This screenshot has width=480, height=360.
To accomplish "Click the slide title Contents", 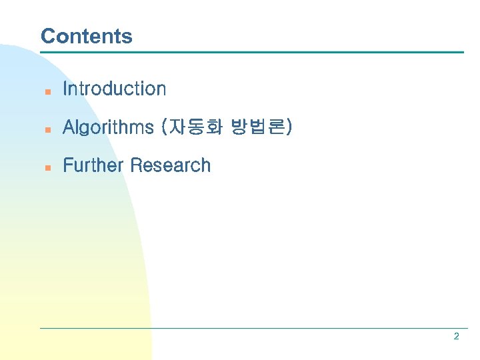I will click(x=86, y=36).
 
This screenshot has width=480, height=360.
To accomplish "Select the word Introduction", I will click(x=114, y=89).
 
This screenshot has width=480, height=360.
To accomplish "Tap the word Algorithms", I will click(x=108, y=127).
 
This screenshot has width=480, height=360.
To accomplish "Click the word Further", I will click(x=94, y=165).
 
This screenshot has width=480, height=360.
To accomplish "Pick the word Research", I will click(x=171, y=165).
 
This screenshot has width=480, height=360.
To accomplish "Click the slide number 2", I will click(x=456, y=337).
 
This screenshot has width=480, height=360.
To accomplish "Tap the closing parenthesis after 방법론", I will click(x=288, y=127).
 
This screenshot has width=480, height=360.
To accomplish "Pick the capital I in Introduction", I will click(x=65, y=89).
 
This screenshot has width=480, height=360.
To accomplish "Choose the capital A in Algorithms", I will click(x=68, y=127).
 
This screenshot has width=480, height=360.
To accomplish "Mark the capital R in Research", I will click(x=136, y=165).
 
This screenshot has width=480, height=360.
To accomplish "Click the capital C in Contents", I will click(x=47, y=36).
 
